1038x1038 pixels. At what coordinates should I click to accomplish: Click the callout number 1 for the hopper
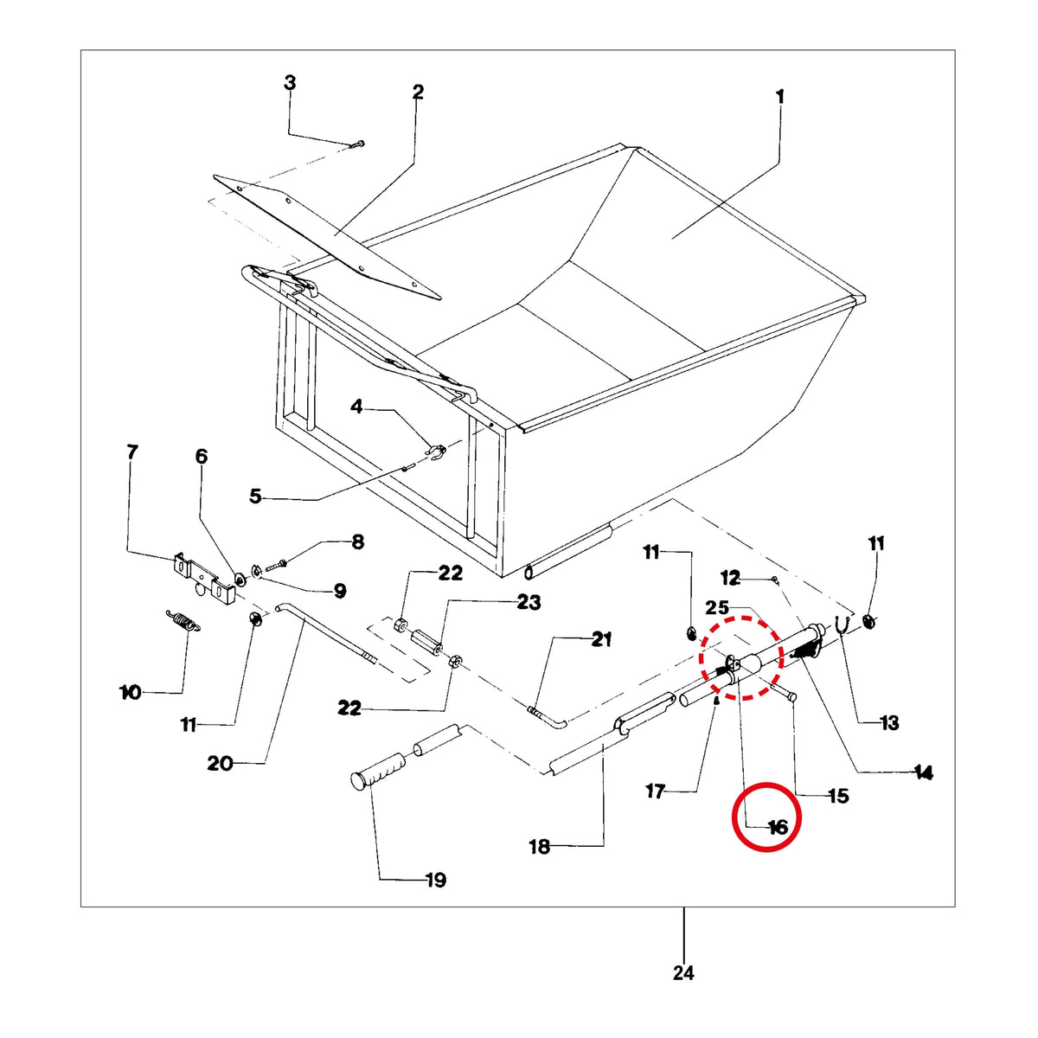pos(779,98)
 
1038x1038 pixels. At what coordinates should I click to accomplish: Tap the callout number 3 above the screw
pos(290,83)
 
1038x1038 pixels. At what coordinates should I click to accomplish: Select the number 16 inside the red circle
pos(778,827)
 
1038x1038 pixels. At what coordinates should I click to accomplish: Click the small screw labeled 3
pos(356,144)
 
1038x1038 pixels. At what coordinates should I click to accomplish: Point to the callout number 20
pos(220,763)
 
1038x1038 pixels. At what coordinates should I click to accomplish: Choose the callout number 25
pos(717,607)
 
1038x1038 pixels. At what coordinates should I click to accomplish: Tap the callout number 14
pos(922,773)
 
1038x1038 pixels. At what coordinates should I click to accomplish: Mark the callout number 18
pos(540,846)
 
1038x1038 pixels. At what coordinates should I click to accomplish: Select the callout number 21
pos(601,639)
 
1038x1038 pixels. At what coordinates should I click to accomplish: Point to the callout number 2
pos(418,92)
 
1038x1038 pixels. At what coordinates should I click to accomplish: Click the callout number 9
pos(339,591)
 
